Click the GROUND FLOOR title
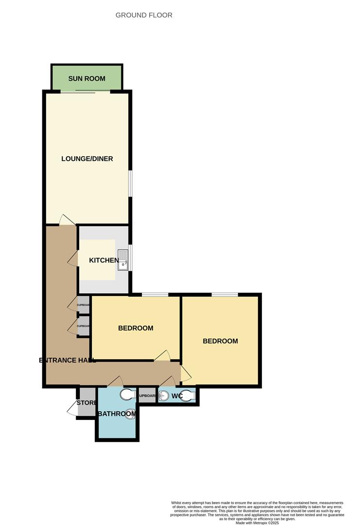(x=144, y=15)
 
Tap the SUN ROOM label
(x=87, y=78)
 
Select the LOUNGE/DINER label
(x=87, y=159)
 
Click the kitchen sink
(x=122, y=260)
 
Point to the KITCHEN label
(x=103, y=261)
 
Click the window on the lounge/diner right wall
(x=130, y=183)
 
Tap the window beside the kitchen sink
(x=130, y=256)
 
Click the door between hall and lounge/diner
(x=67, y=220)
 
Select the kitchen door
(x=73, y=258)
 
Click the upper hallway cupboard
(x=84, y=305)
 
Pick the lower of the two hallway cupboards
(x=84, y=326)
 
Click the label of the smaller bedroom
(x=136, y=328)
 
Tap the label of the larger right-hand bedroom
(x=220, y=341)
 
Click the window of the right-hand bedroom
(x=224, y=294)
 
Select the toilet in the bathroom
(x=127, y=394)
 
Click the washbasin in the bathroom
(x=130, y=414)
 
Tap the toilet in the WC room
(x=189, y=396)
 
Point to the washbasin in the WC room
(x=164, y=396)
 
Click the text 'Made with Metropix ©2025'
(x=257, y=523)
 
